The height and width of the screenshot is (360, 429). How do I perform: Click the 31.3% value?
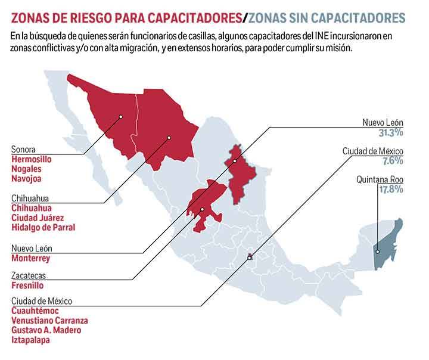click(x=391, y=132)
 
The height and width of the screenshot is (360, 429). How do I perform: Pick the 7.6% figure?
click(x=393, y=161)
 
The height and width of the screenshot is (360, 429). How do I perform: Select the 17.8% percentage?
click(x=391, y=189)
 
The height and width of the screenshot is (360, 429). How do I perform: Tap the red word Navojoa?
click(x=27, y=178)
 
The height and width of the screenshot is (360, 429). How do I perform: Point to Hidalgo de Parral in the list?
click(x=43, y=227)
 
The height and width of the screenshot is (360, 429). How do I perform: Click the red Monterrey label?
click(x=30, y=258)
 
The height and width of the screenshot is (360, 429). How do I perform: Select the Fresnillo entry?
click(x=28, y=285)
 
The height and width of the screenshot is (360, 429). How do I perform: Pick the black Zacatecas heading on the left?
click(x=29, y=276)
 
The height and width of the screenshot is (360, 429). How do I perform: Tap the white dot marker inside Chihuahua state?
click(x=169, y=138)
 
